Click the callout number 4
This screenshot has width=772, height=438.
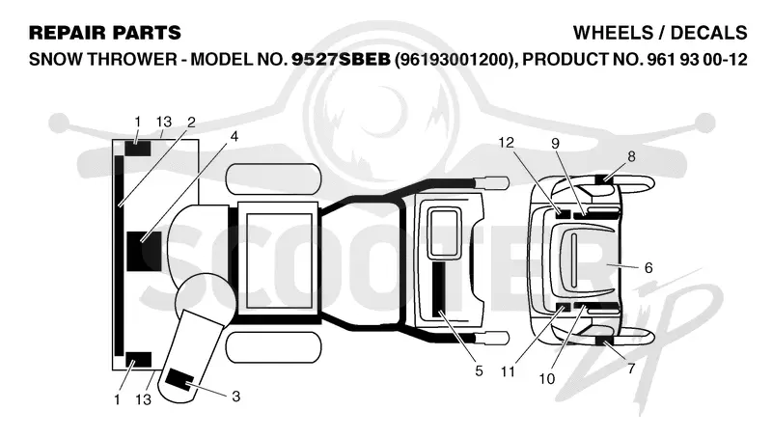point(234,136)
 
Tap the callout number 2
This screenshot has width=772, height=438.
point(191,123)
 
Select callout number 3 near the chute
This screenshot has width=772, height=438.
point(235,397)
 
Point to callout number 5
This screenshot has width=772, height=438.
point(479,371)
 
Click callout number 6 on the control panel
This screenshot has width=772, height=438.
point(648,268)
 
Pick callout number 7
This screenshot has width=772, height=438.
point(631,369)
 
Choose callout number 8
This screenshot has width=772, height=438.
point(631,156)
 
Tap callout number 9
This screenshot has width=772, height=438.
point(556,143)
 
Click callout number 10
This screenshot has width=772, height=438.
point(547,379)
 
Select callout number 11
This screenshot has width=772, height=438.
point(508,371)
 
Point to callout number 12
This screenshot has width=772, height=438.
point(506,142)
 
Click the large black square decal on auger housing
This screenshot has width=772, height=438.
point(144,251)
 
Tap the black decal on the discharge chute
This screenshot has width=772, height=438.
point(179,379)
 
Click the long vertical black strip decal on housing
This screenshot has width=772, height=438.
point(119,256)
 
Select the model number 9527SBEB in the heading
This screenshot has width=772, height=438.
point(341,60)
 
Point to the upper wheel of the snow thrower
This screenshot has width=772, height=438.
point(273,178)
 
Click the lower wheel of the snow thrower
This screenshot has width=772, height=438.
point(273,347)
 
